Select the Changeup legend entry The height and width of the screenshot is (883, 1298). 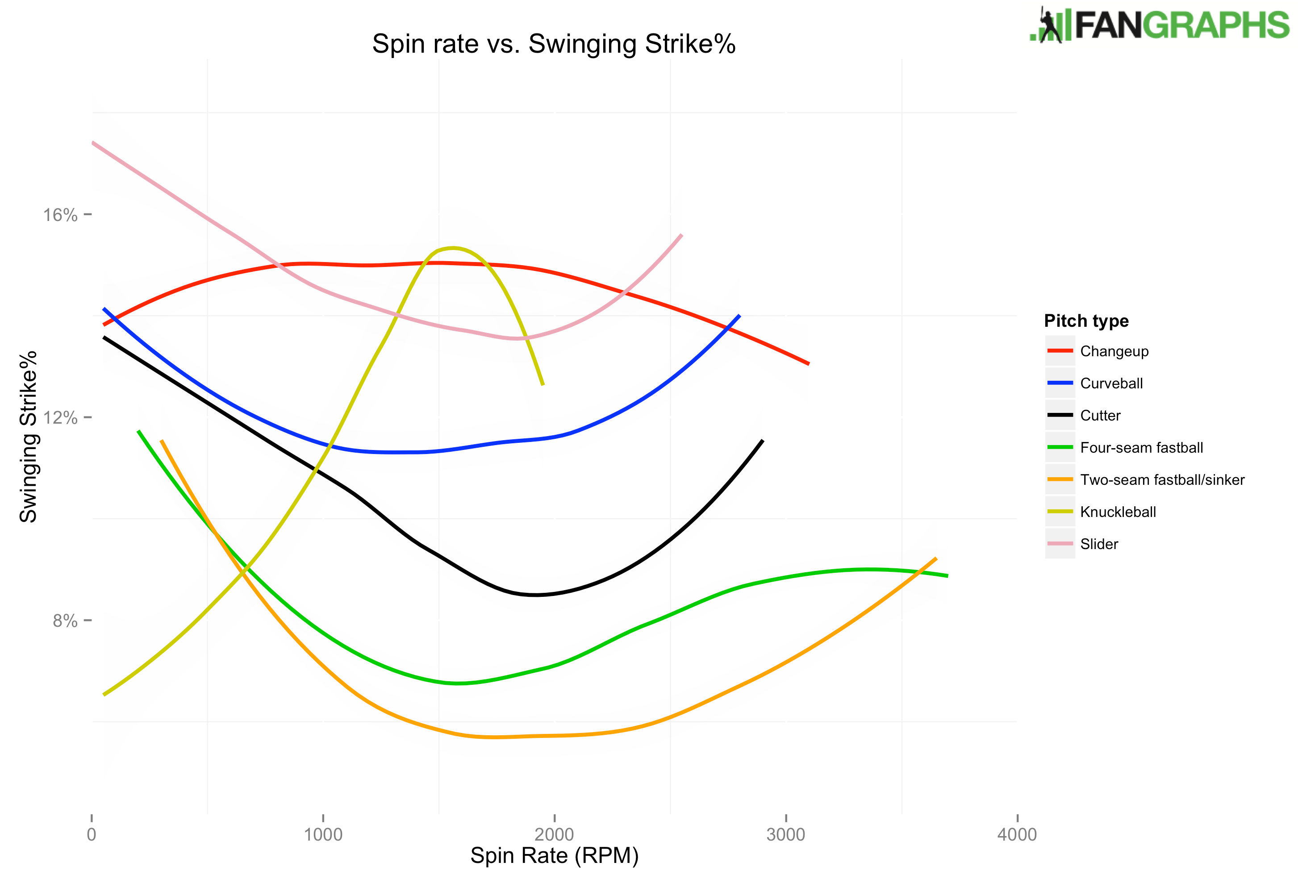[x=1114, y=351]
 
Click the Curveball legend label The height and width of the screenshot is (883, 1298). [x=1111, y=383]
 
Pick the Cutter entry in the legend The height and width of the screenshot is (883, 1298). [x=1100, y=416]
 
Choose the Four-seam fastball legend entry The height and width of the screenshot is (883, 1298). [x=1141, y=447]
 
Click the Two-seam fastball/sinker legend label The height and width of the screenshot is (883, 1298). [x=1162, y=480]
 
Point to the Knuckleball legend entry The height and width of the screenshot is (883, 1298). [x=1118, y=512]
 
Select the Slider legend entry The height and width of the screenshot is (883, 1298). [x=1098, y=544]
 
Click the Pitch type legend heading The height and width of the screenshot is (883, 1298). [x=1086, y=321]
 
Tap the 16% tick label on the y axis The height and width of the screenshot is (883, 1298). [x=60, y=215]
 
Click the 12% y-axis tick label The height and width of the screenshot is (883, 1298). [x=60, y=418]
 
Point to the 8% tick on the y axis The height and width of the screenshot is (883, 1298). [x=65, y=621]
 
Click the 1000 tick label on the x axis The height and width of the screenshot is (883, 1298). [x=323, y=834]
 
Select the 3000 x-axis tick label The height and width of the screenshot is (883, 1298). [x=785, y=834]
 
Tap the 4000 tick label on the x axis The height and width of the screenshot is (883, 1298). [x=1017, y=834]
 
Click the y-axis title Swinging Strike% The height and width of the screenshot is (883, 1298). [x=28, y=436]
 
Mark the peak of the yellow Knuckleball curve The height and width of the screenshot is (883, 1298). [x=454, y=247]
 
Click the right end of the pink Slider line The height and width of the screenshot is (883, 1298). [x=681, y=235]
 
